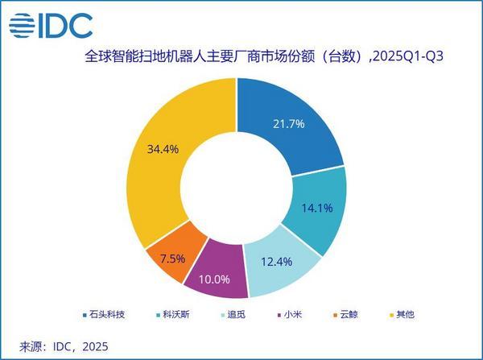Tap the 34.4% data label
(x=163, y=149)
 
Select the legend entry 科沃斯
(x=175, y=313)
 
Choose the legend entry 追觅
(x=237, y=313)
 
